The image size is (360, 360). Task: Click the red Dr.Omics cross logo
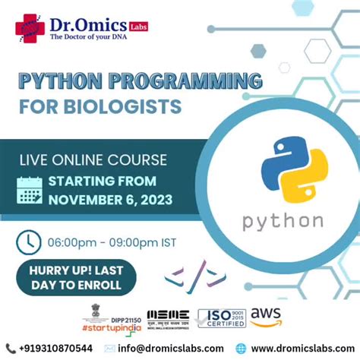pyautogui.click(x=30, y=28)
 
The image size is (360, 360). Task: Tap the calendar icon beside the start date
pyautogui.click(x=30, y=190)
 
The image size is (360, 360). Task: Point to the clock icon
pyautogui.click(x=29, y=242)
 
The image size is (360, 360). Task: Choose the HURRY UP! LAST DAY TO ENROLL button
pyautogui.click(x=76, y=277)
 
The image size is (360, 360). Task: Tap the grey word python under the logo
pyautogui.click(x=283, y=221)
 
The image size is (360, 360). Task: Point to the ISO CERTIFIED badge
pyautogui.click(x=222, y=318)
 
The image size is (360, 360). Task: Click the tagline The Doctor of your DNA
pyautogui.click(x=86, y=34)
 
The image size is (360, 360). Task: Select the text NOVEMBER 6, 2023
pyautogui.click(x=110, y=200)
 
